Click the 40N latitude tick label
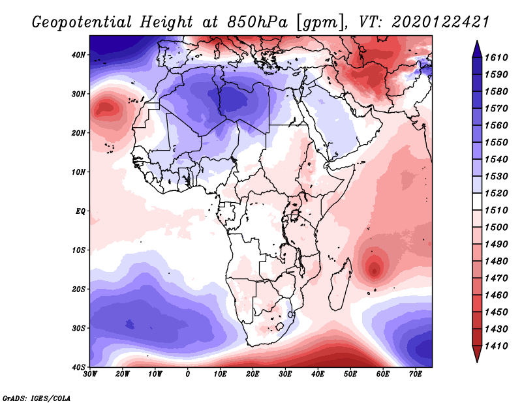78,55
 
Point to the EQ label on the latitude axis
80,211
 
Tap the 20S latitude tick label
78,289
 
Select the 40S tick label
78,366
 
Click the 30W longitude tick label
90,374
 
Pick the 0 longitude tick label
188,374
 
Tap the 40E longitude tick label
318,374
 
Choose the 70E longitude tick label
415,374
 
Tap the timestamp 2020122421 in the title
440,22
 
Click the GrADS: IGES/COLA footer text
37,397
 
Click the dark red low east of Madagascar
375,268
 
